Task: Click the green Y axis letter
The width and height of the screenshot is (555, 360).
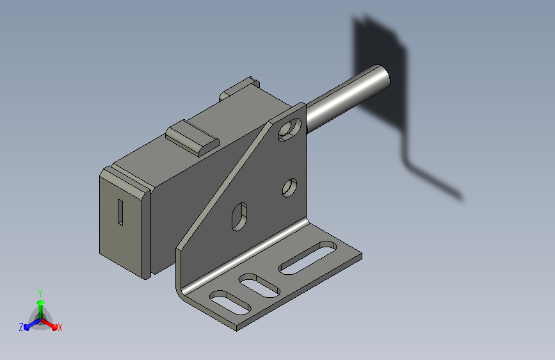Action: tap(40, 293)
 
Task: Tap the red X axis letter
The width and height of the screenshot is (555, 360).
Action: tap(60, 328)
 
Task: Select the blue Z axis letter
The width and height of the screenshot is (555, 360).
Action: tap(21, 327)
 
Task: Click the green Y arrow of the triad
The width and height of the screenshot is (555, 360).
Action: tap(41, 309)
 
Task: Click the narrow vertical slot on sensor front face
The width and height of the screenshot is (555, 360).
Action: tap(120, 212)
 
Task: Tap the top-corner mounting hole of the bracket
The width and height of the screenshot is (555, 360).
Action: tap(289, 130)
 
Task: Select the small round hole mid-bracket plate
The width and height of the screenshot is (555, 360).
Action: tap(289, 188)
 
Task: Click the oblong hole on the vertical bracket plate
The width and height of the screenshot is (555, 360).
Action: tap(239, 217)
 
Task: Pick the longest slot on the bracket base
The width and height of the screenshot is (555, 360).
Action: tap(307, 258)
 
